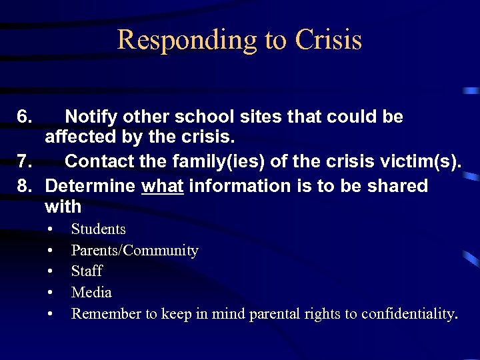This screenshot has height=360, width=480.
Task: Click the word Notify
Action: coord(93,117)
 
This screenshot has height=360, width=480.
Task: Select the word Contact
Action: coord(99,163)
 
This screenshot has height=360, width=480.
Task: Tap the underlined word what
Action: coord(163,185)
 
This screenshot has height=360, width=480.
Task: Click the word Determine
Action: coord(91,185)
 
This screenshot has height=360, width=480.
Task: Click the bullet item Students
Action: coord(98,229)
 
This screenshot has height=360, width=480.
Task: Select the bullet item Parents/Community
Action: coord(135,251)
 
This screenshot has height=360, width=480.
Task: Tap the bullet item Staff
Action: coord(87,271)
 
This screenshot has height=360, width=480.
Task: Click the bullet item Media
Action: coord(91,293)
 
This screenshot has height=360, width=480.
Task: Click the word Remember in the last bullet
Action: coord(102,314)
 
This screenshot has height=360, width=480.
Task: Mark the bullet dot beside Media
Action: coord(51,293)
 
